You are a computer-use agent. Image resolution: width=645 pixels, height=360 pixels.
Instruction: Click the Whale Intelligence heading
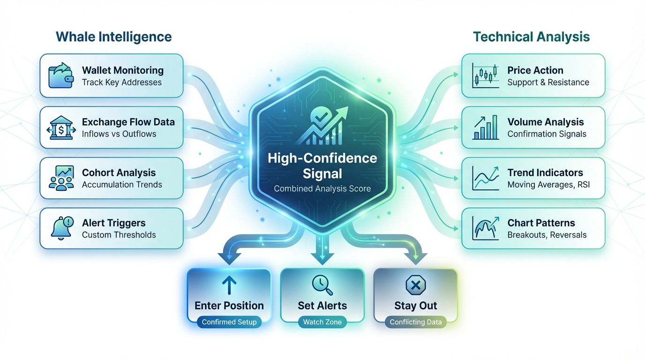tap(113, 37)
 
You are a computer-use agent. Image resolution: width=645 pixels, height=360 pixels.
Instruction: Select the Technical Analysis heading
tap(531, 37)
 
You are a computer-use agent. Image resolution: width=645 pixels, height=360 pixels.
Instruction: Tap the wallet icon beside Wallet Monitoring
tap(61, 76)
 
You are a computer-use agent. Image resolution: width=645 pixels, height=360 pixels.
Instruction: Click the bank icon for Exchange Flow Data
tap(61, 127)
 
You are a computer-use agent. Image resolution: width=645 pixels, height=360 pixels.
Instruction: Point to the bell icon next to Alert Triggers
tap(61, 229)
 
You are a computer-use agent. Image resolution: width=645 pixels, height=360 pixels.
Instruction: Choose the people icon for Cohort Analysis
tap(61, 178)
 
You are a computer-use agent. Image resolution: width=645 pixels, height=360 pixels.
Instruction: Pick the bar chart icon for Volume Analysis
tap(485, 127)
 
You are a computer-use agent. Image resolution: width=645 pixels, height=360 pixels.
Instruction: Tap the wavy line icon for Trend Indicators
tap(485, 178)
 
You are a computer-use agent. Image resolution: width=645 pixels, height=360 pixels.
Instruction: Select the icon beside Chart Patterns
tap(485, 229)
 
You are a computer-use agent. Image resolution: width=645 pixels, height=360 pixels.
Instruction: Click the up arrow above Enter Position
tap(229, 285)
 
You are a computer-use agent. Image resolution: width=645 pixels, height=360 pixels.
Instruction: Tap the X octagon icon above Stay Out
tap(415, 285)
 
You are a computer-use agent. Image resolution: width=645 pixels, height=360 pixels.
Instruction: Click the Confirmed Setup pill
tap(229, 322)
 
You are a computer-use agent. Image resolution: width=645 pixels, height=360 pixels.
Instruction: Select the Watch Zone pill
tap(322, 322)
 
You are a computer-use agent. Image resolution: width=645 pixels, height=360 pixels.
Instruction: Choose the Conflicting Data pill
tap(415, 322)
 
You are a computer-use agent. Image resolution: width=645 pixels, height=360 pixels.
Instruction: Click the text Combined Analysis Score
tap(322, 189)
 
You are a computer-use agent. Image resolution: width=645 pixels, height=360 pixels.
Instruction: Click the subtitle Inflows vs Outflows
tap(119, 134)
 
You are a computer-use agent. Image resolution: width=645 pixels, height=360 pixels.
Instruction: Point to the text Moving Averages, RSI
tap(548, 185)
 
